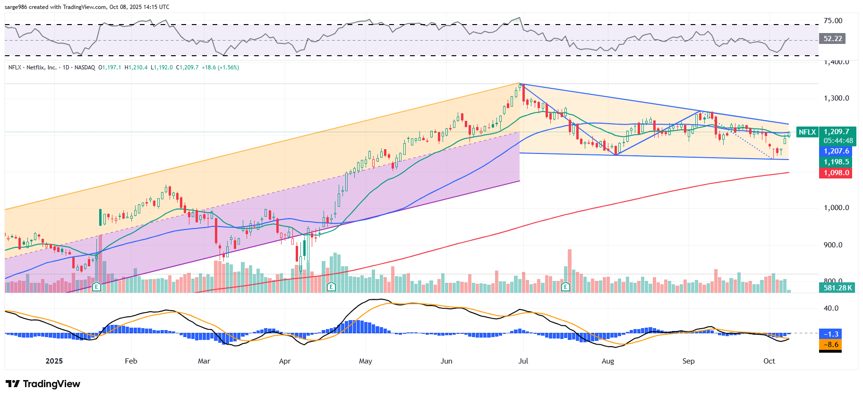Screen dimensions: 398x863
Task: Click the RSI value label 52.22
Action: point(832,39)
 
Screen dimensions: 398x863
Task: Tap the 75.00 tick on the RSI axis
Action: point(832,21)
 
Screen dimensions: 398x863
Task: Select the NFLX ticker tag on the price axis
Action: point(807,132)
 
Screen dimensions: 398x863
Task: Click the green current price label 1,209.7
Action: point(836,132)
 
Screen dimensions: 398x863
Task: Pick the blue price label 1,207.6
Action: point(836,151)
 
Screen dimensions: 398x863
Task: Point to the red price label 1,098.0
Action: point(836,173)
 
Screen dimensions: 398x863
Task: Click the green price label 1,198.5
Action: point(836,162)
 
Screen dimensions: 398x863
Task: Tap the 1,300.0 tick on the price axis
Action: point(836,98)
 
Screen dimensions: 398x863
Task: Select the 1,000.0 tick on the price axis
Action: point(836,208)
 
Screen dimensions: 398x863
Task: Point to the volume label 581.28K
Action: point(837,288)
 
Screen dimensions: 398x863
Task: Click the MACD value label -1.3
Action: point(830,334)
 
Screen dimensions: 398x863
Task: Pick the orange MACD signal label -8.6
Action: point(830,345)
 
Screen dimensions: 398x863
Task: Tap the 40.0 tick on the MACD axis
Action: point(831,308)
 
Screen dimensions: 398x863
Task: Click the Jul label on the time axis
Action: point(523,361)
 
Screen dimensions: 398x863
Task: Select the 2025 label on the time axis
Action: point(54,361)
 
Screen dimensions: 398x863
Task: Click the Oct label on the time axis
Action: point(769,361)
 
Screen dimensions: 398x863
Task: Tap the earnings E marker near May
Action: point(331,287)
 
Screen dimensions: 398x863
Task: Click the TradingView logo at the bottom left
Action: point(43,384)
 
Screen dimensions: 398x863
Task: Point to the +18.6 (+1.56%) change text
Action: point(220,68)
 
